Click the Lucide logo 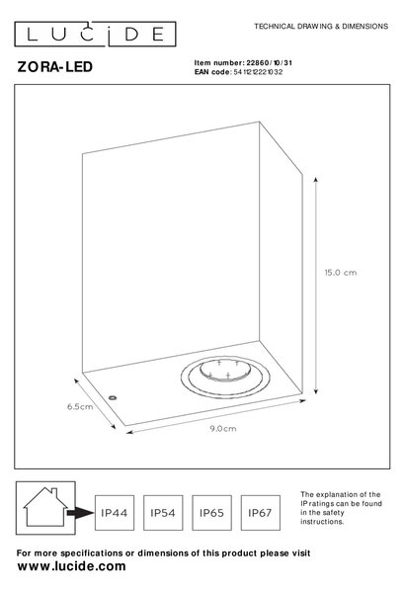tap(95, 34)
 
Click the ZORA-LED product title tap(55, 67)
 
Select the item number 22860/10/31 tap(270, 63)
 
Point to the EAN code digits tap(258, 72)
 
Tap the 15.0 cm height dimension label tap(341, 273)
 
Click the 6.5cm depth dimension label tap(80, 406)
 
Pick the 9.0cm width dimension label tap(223, 429)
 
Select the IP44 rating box tap(115, 513)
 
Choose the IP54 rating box tap(163, 513)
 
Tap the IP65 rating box tap(211, 513)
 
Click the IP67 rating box tap(260, 513)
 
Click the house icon tap(45, 508)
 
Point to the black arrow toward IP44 tap(80, 513)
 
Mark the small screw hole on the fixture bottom tap(113, 398)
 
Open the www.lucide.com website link tap(71, 566)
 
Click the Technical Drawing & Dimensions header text tap(321, 27)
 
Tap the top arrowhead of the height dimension tap(316, 179)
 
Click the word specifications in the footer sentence tap(92, 553)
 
